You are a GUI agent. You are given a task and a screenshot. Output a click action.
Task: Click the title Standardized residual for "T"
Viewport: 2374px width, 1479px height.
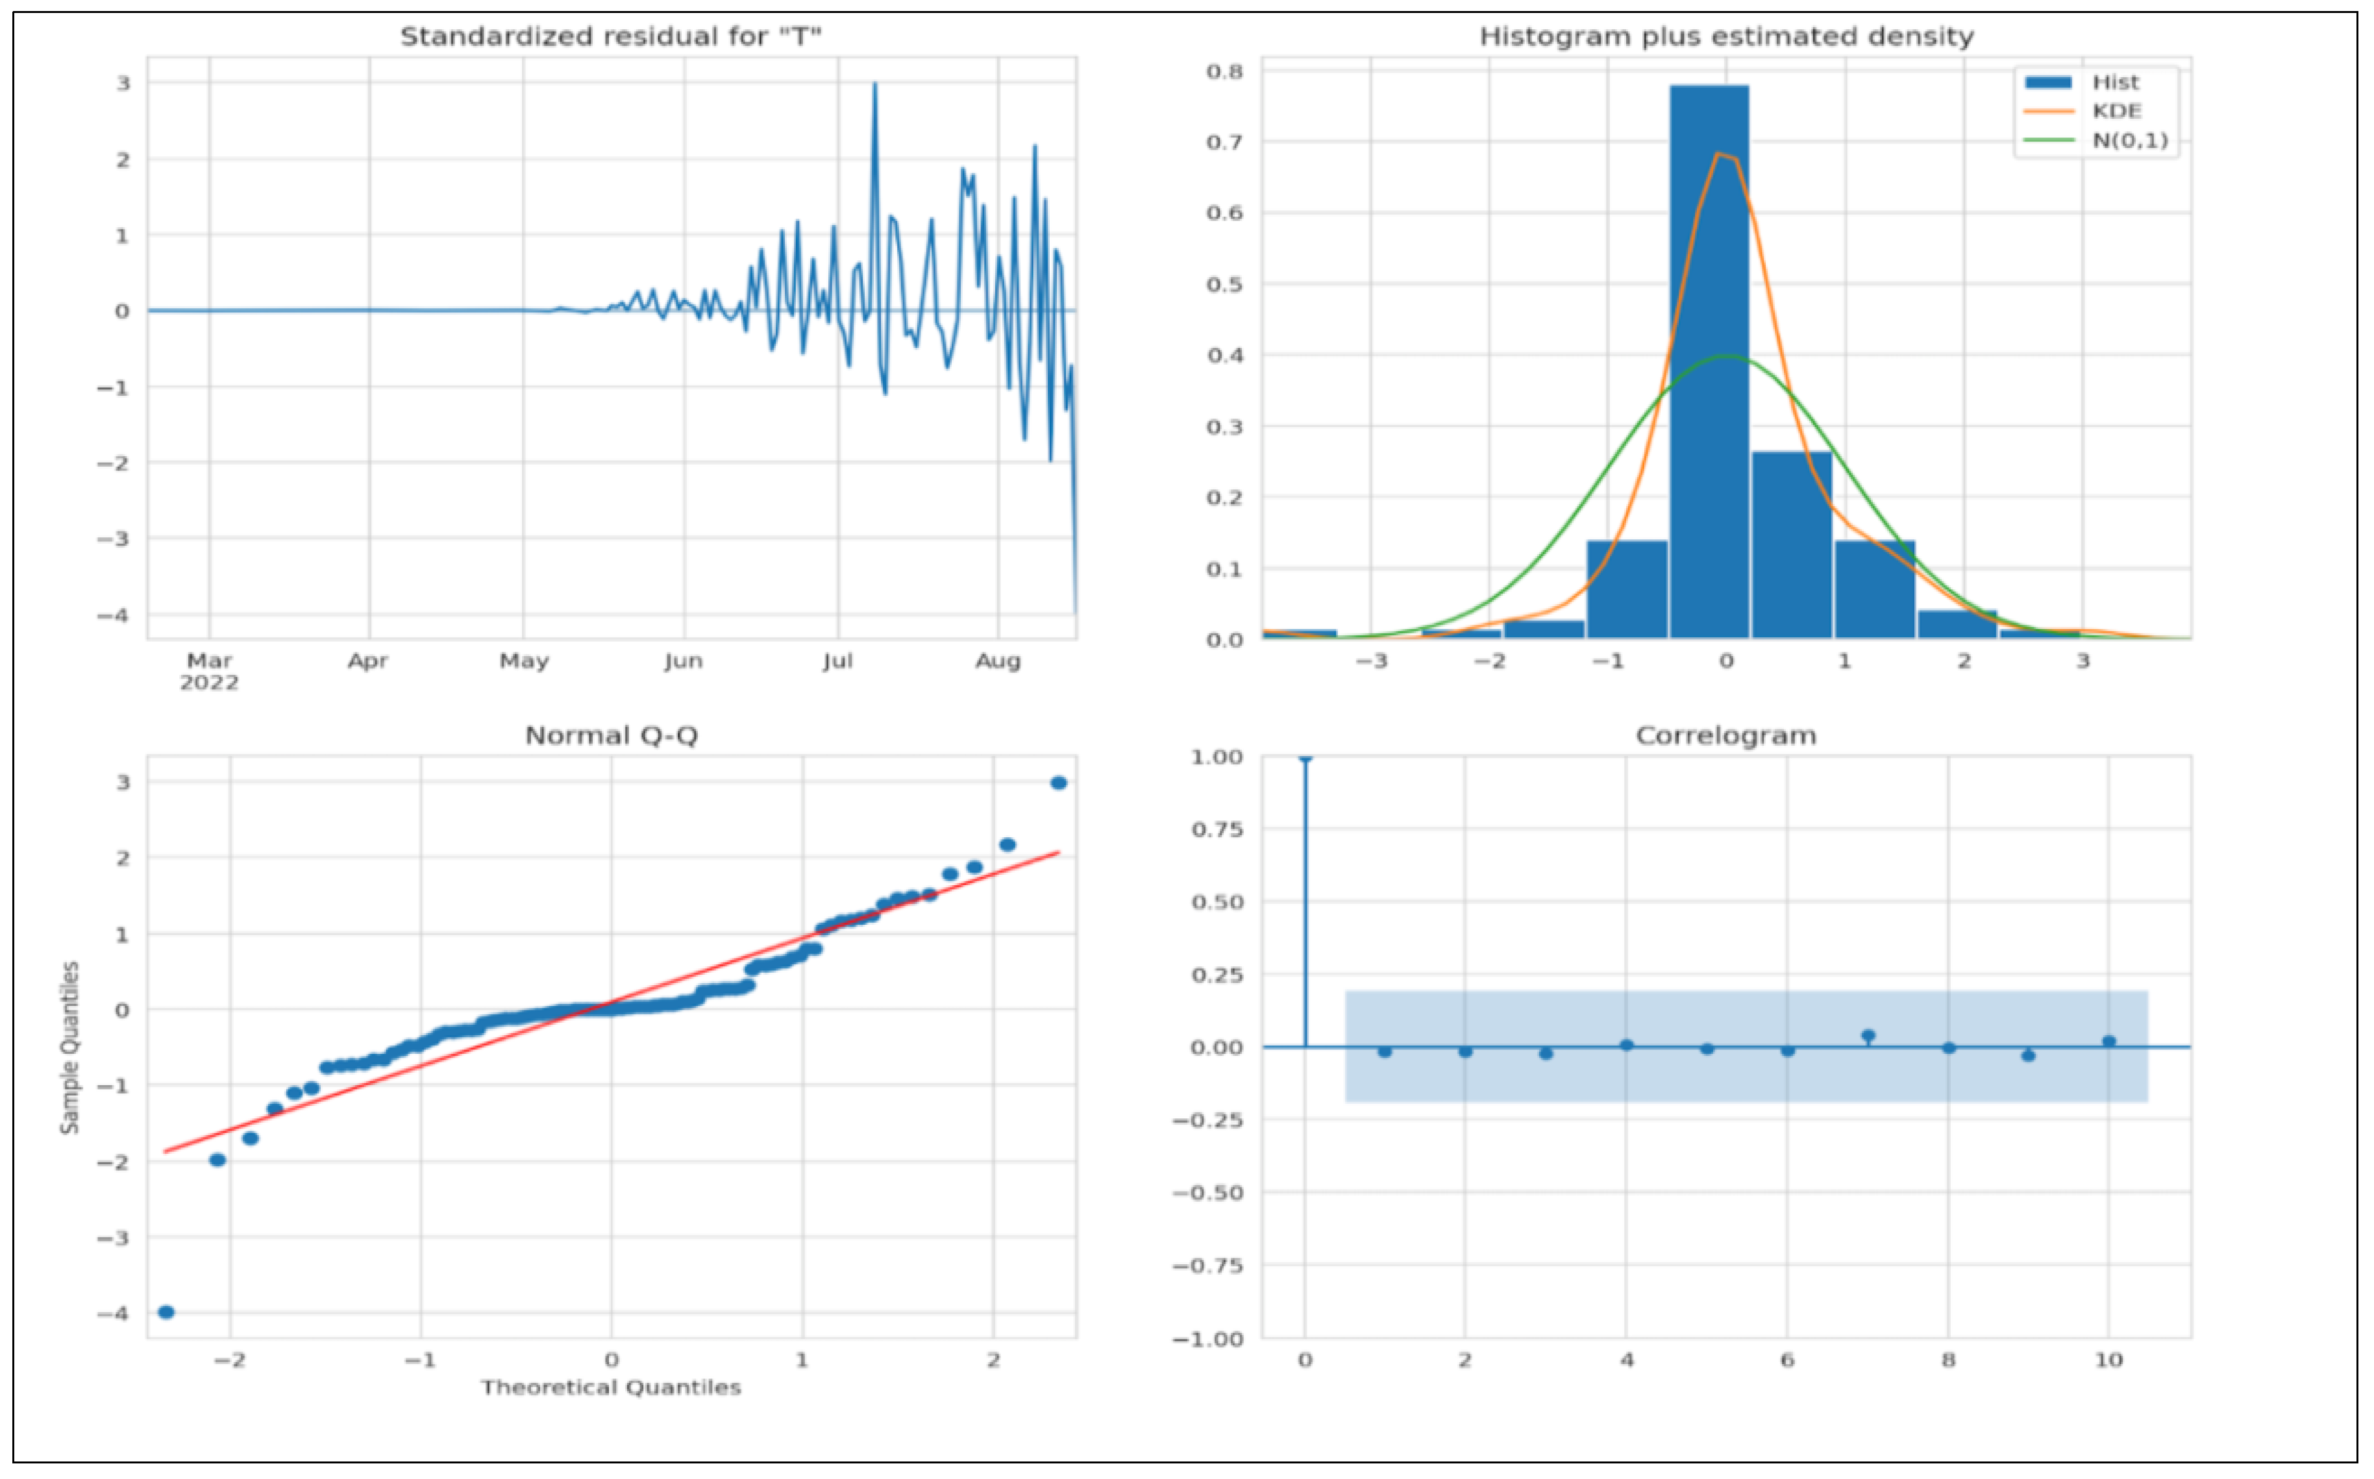point(610,37)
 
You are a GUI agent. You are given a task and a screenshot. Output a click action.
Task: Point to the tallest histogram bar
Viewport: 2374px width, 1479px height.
point(1709,362)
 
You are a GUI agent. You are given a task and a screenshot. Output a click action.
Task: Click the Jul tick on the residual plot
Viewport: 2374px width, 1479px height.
point(837,661)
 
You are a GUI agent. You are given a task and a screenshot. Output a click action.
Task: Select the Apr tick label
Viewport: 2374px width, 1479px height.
point(368,661)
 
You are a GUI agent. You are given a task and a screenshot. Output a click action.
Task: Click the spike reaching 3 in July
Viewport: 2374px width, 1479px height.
point(874,86)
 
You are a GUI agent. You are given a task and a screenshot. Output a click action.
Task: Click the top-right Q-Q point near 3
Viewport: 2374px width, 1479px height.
point(1058,783)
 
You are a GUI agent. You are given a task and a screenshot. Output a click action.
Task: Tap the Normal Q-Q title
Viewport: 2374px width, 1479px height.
point(612,735)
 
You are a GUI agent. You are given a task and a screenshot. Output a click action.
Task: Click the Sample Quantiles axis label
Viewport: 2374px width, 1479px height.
point(69,1047)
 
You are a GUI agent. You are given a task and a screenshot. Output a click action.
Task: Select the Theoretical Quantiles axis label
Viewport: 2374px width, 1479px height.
point(612,1387)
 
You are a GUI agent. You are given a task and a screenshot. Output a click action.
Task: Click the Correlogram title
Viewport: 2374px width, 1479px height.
point(1725,735)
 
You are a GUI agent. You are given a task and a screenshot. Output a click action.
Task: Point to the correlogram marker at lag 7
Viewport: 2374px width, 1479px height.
point(1868,1035)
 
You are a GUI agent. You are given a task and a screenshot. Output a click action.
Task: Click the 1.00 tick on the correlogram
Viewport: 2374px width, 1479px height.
point(1216,757)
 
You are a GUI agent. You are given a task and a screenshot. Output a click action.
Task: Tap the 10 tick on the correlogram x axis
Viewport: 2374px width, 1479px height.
point(2109,1360)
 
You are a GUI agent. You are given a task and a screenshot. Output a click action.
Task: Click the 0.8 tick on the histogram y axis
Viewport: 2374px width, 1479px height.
point(1224,71)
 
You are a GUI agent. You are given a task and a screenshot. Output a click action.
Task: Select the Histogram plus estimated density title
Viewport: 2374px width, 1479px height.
point(1725,37)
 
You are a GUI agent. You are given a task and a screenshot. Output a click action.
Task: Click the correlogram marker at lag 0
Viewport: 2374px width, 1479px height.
point(1305,757)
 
